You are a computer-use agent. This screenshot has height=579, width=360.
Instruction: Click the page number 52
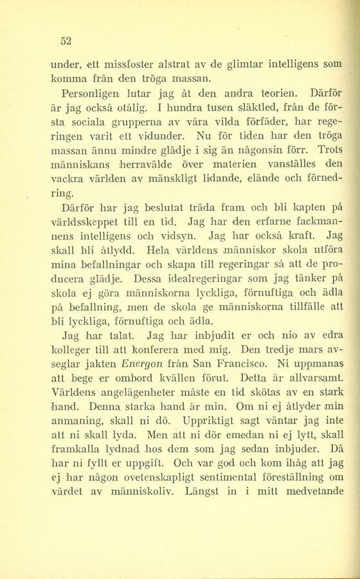point(65,41)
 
